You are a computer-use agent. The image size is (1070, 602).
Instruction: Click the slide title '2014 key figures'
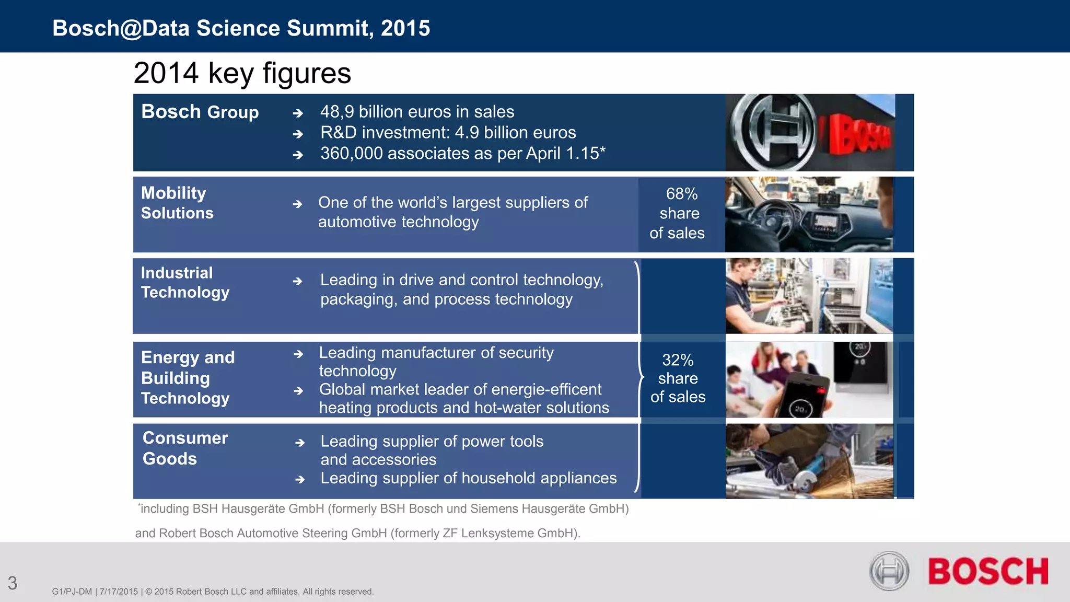(x=242, y=73)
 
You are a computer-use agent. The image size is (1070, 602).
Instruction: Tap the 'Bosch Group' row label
(x=200, y=112)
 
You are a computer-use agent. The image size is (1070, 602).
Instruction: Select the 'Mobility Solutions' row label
(x=177, y=203)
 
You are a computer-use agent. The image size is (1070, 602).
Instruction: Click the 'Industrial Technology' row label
(x=185, y=282)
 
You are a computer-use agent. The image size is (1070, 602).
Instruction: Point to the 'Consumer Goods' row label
(x=185, y=448)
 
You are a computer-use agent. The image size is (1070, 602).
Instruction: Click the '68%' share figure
(x=682, y=194)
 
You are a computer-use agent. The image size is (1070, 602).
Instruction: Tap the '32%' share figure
(x=678, y=360)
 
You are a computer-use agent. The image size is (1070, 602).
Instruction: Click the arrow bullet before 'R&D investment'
(x=298, y=134)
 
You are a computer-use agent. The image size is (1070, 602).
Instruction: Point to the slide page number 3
(x=13, y=583)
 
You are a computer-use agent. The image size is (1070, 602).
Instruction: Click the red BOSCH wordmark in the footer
(x=988, y=571)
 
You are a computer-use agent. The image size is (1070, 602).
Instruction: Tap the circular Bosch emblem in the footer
(x=889, y=571)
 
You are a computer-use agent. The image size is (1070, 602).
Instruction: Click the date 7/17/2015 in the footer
(x=119, y=592)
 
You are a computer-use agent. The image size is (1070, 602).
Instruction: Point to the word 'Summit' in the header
(x=330, y=28)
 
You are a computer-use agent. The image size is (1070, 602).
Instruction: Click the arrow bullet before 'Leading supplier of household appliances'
(x=300, y=479)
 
